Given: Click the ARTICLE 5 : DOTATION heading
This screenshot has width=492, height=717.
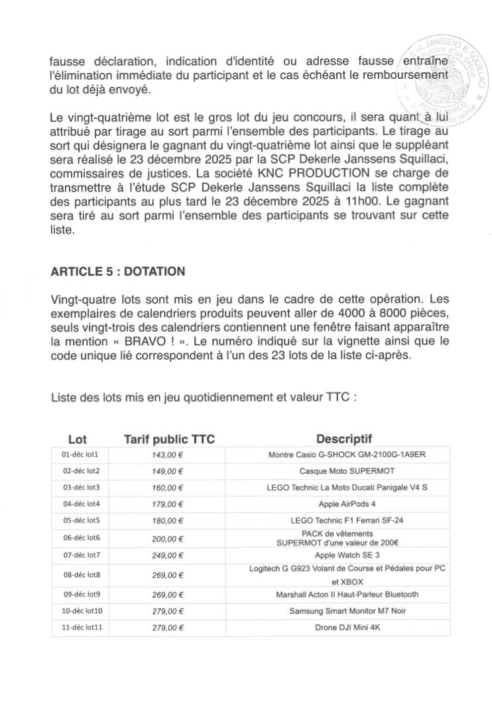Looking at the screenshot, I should [117, 272].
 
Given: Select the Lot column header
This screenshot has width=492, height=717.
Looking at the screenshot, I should [78, 439].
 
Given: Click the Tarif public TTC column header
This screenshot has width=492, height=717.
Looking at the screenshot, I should [164, 439].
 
